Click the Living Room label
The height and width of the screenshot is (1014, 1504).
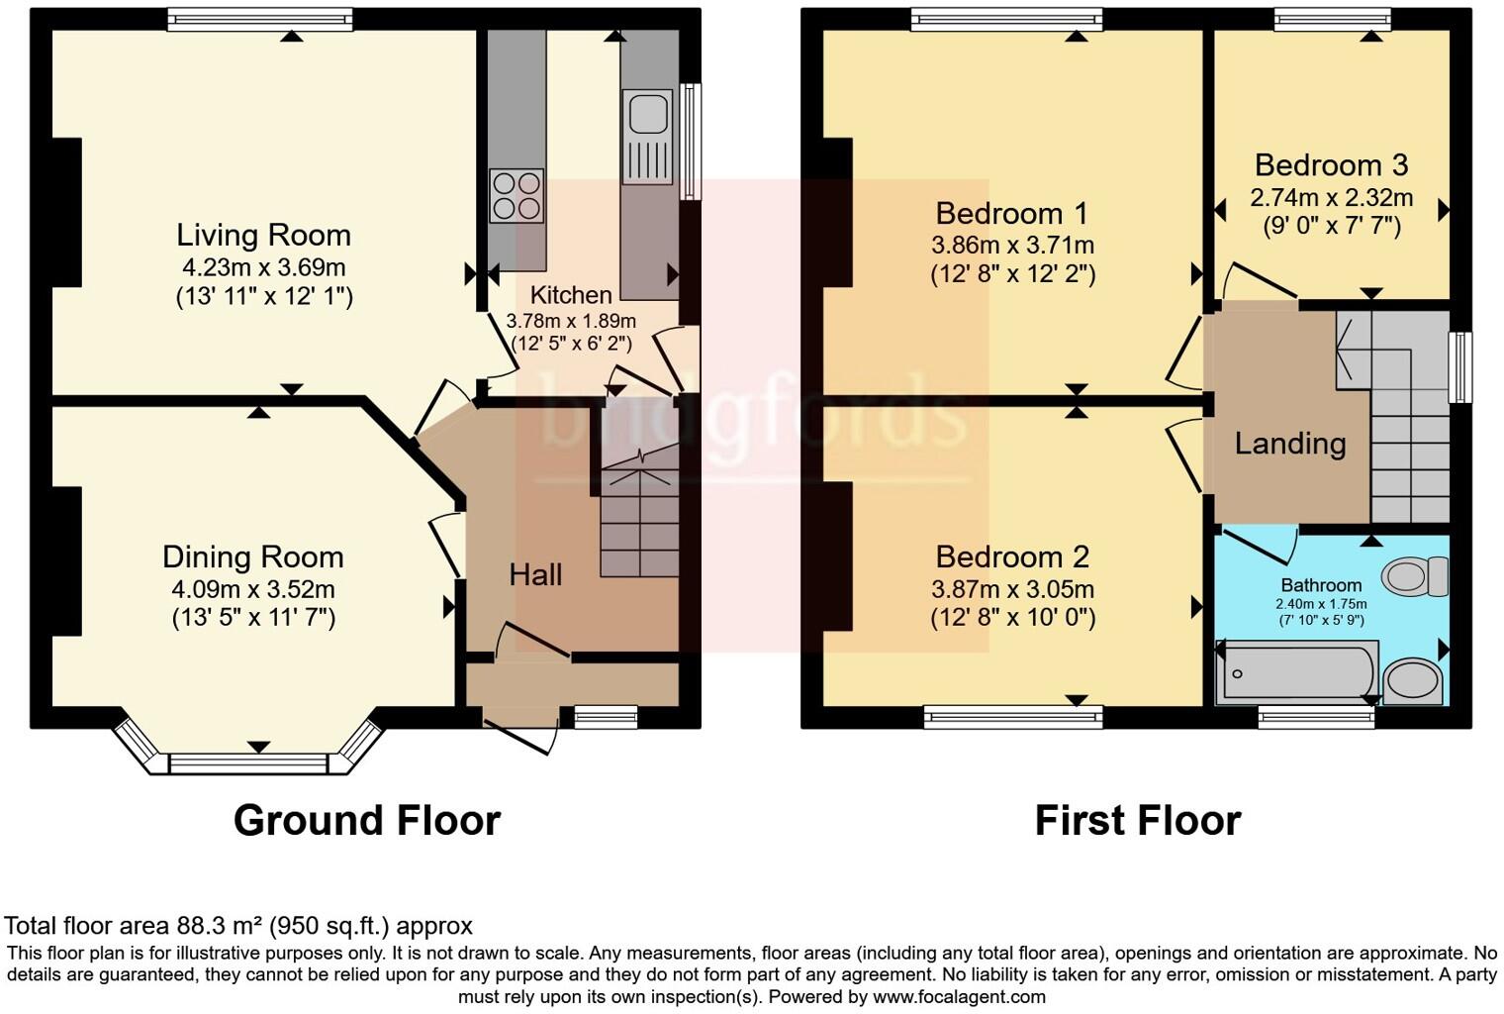263,236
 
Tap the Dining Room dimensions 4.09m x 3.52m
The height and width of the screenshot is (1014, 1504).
253,589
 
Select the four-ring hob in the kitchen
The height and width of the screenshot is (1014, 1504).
517,195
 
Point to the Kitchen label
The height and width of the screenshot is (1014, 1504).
571,295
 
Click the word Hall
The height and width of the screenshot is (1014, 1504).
535,574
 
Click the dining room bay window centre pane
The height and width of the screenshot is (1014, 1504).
248,762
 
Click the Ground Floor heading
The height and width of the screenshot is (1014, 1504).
366,821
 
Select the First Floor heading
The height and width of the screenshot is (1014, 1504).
1137,821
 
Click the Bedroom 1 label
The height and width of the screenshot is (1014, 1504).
1011,213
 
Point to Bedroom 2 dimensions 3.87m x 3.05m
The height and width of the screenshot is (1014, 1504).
1012,589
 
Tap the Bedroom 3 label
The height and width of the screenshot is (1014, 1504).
1331,164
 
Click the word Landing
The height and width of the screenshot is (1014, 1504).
1290,443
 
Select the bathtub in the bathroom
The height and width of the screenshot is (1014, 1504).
1296,672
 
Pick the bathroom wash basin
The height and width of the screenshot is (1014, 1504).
1413,681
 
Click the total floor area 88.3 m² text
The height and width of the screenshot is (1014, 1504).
238,926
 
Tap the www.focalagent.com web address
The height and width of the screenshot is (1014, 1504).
959,996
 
